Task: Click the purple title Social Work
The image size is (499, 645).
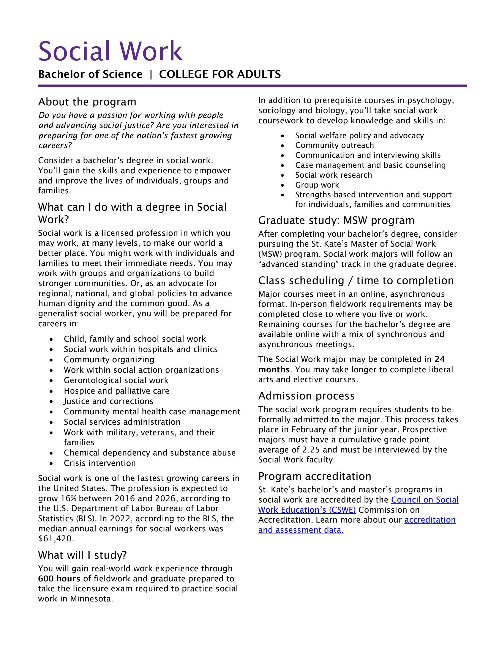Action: point(111,51)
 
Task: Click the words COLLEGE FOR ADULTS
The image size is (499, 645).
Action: point(220,74)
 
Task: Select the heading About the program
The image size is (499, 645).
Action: point(87,102)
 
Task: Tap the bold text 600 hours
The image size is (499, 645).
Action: point(59,579)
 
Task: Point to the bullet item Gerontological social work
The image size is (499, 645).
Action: point(116,380)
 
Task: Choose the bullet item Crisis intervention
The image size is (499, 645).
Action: point(100,463)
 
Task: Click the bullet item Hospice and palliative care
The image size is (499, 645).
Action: point(117,391)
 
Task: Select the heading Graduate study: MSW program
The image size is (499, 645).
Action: point(336,220)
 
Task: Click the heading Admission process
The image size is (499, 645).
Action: point(306,396)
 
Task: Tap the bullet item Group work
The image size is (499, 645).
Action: point(317,185)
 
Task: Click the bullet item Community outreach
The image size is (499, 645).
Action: point(334,145)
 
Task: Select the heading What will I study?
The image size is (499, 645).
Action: point(82,555)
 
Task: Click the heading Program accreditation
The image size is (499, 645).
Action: point(314,476)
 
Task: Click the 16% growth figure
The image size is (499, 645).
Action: point(69,498)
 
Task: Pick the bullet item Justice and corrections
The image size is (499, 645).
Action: point(109,401)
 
